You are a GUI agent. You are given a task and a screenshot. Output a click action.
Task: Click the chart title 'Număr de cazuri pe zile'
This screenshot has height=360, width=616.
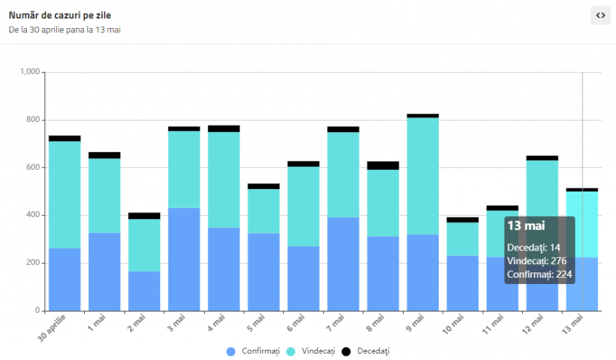point(60,16)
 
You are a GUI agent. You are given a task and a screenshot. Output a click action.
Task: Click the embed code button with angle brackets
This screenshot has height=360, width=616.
point(600,15)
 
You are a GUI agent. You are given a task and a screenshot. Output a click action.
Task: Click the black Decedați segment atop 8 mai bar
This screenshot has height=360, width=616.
point(383,165)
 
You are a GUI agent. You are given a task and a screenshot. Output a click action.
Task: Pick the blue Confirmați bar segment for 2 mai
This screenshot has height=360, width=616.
point(144,291)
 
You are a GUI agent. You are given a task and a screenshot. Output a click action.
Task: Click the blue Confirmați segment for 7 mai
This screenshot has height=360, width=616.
point(344,263)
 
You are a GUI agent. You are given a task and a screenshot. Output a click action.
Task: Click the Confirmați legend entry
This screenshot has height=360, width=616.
point(253,351)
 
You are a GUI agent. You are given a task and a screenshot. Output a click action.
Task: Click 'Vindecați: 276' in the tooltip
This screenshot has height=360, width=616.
point(537,261)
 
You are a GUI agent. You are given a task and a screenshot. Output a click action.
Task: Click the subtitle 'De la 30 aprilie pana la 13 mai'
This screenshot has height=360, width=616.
point(64,30)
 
